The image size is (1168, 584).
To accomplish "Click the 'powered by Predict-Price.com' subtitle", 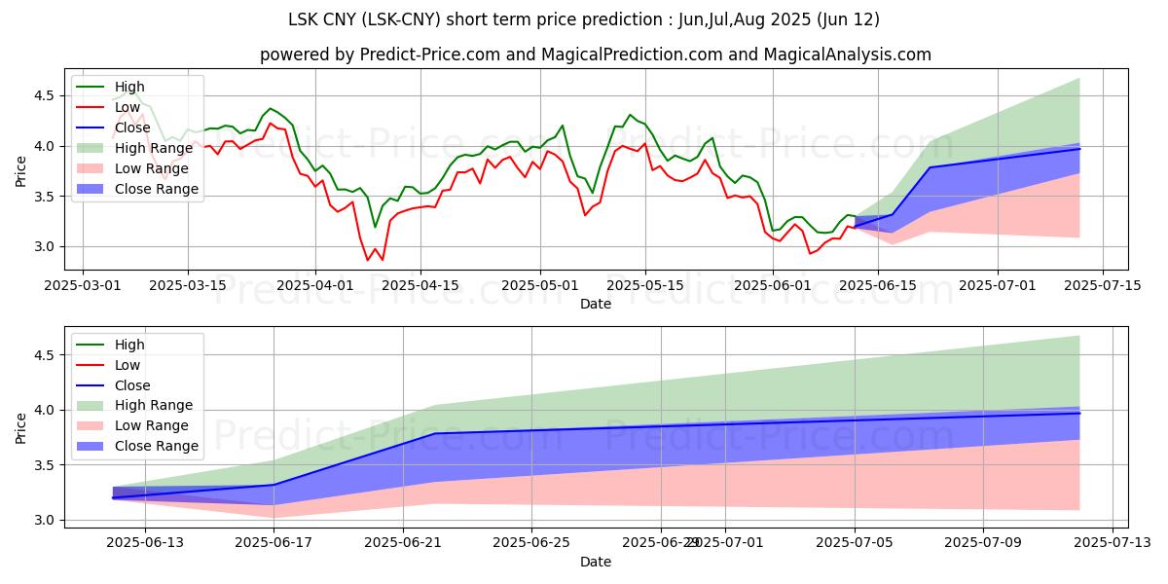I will pos(596,55).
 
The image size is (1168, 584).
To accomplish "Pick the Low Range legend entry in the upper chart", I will pos(156,168).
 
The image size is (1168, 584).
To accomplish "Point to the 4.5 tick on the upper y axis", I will pos(43,95).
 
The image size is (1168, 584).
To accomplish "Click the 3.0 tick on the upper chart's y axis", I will pos(43,247).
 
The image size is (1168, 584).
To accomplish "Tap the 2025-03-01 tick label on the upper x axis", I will pos(83,285).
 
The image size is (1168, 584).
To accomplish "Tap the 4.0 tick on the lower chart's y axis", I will pos(43,411).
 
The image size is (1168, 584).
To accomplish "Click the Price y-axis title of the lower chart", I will pos(21,427).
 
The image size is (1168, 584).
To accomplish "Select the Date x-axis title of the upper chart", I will pos(596,304).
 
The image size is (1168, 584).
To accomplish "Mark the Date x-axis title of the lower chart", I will pos(596,562).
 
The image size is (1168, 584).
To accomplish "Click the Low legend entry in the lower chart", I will pos(128,365).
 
